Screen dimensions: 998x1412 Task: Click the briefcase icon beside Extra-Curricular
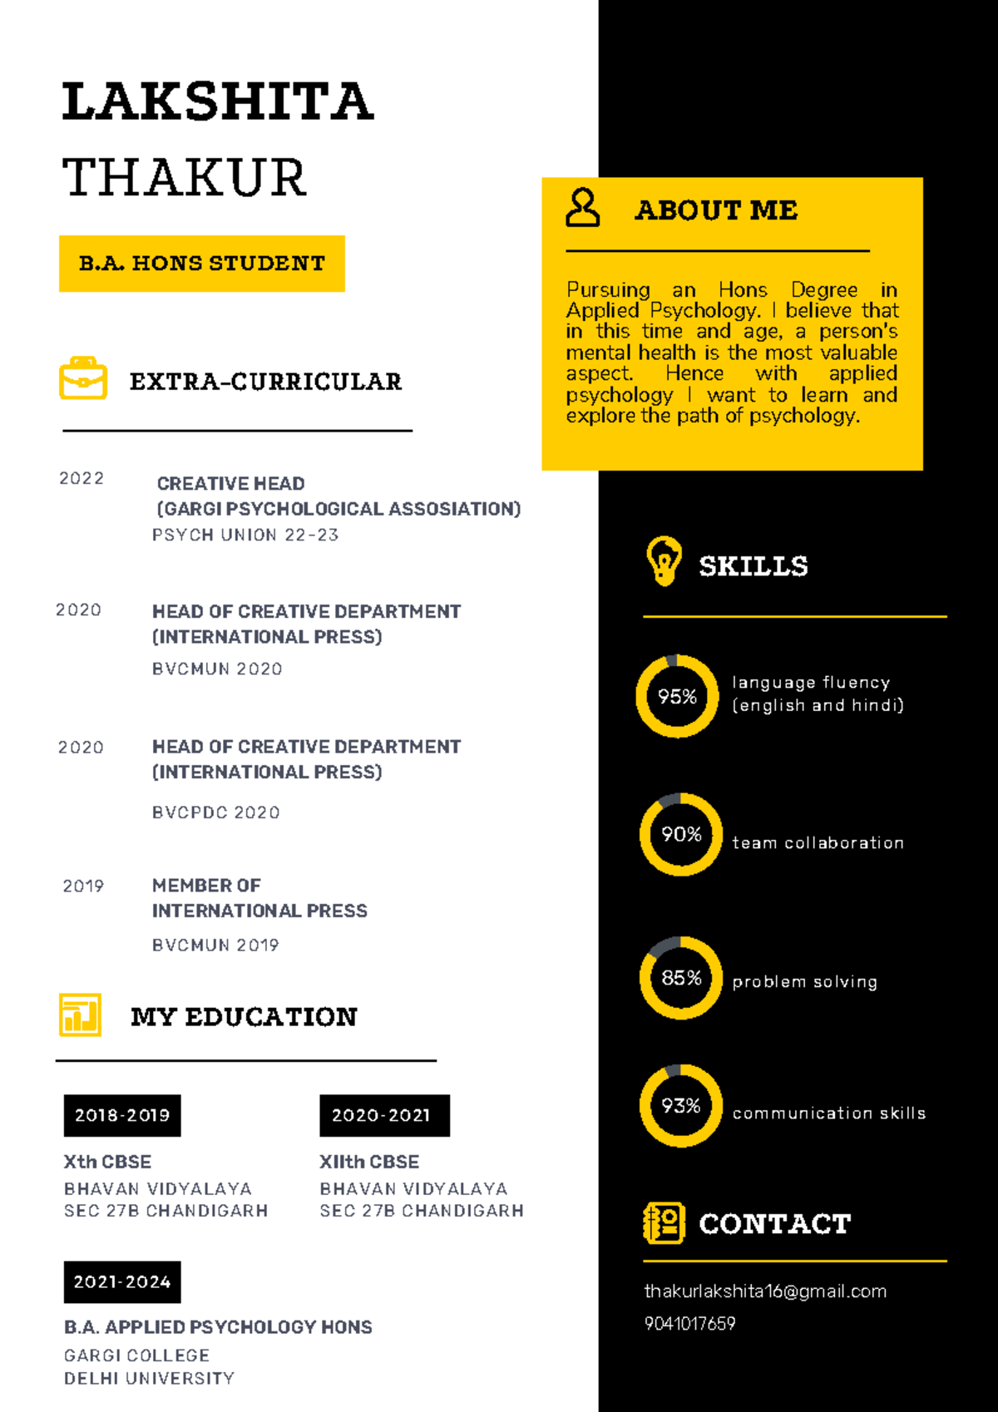[x=83, y=378]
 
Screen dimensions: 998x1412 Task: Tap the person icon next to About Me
[x=582, y=208]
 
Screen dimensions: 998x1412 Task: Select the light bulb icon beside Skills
[x=664, y=561]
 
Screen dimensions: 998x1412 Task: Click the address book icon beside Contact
[x=664, y=1223]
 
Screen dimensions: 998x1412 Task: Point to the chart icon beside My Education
[x=80, y=1015]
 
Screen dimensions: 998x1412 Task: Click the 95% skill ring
[x=677, y=696]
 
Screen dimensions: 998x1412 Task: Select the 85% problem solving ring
[x=680, y=978]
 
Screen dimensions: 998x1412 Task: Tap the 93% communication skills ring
[x=680, y=1106]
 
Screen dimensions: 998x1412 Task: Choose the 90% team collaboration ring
[x=680, y=834]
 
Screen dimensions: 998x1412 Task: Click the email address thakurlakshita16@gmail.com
[x=765, y=1291]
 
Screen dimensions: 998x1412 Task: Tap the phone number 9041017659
[x=689, y=1324]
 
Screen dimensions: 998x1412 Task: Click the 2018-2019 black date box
[x=122, y=1116]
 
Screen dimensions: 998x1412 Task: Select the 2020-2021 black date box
[x=384, y=1116]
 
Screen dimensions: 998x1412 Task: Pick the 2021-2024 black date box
[x=122, y=1282]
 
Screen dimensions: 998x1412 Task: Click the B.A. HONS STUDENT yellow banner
[x=202, y=264]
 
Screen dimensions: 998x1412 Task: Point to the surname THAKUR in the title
[x=185, y=178]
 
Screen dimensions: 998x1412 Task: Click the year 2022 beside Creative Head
[x=82, y=479]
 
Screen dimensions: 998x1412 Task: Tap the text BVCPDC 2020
[x=215, y=812]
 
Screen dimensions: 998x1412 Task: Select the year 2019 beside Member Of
[x=83, y=886]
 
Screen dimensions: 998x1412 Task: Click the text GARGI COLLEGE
[x=136, y=1355]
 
